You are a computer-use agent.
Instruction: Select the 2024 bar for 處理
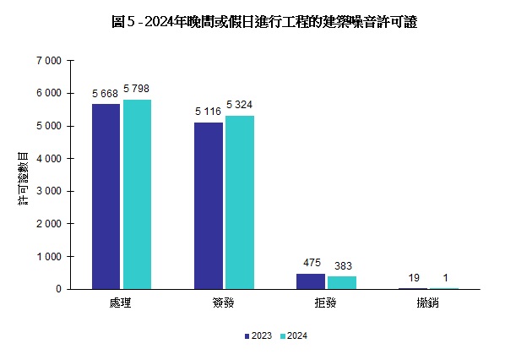[x=137, y=194]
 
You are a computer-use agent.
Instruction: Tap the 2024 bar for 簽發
[x=240, y=202]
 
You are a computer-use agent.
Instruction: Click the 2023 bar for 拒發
[x=310, y=281]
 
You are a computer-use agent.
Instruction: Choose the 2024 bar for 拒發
[x=342, y=283]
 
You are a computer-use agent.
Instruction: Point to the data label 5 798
[x=136, y=89]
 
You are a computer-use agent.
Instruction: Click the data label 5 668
[x=106, y=93]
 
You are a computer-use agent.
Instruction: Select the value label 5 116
[x=208, y=112]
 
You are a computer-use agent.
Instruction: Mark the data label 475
[x=311, y=263]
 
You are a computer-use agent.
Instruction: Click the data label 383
[x=342, y=266]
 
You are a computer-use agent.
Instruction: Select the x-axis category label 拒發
[x=326, y=303]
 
